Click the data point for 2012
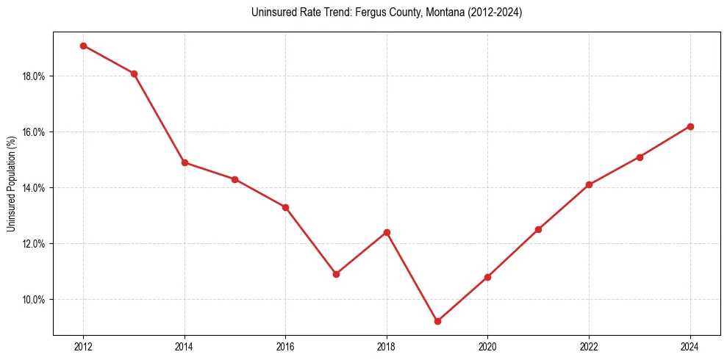tap(83, 46)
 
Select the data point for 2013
tap(134, 73)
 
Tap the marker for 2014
tap(185, 162)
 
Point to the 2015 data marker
tap(235, 179)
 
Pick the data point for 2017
tap(336, 274)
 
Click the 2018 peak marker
tap(387, 232)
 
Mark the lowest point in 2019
tap(437, 321)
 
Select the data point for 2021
tap(538, 229)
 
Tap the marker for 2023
tap(640, 157)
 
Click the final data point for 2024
tap(690, 126)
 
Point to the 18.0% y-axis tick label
tap(35, 76)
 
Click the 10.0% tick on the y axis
tap(35, 300)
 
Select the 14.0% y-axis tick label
tap(35, 188)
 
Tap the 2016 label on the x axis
tap(285, 347)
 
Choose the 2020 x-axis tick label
tap(487, 347)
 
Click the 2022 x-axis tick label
tap(589, 347)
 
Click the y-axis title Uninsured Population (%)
tap(11, 183)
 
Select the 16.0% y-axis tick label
tap(35, 132)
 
